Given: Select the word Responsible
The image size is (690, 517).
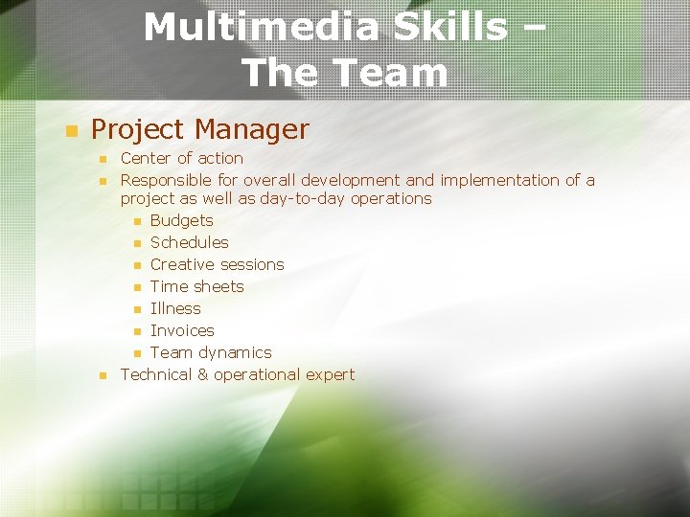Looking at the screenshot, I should coord(179,180).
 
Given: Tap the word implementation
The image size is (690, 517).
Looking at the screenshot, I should coord(498,180).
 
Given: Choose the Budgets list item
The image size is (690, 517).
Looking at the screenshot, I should coord(181,220).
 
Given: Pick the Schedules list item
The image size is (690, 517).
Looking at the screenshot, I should coord(189,242).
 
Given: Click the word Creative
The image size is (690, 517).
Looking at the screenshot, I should coord(182,264).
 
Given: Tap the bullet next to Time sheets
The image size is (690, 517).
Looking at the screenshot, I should coord(138,287).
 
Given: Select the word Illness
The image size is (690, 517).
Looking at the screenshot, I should coord(175,308).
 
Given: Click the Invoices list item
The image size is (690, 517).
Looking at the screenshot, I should coord(182,330).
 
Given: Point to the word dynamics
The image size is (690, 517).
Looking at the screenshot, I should coord(235,352).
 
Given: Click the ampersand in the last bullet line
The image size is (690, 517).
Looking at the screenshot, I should coord(202,374).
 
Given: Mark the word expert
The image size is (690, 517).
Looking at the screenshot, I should coord(329,374).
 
